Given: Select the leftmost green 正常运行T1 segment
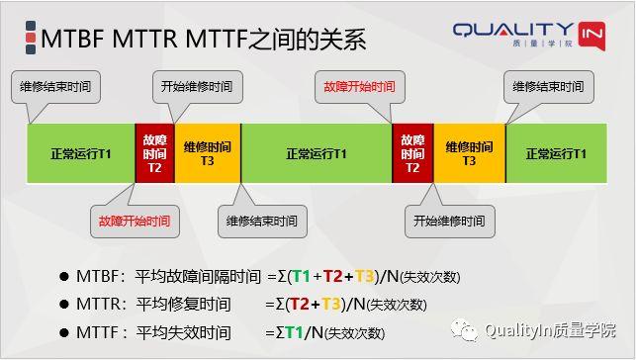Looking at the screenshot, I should click(81, 153).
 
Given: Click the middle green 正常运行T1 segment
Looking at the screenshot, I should click(317, 153).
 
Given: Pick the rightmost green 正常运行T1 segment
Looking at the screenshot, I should click(556, 153).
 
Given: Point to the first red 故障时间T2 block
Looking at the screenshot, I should click(154, 153).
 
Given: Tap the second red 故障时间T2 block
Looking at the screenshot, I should click(412, 153).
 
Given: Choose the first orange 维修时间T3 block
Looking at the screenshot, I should click(208, 153).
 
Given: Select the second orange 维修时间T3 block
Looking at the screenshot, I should click(469, 153).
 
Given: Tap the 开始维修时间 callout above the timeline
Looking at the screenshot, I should click(197, 87).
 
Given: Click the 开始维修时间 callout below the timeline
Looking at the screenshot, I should click(450, 220).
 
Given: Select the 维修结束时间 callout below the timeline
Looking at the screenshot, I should click(261, 220).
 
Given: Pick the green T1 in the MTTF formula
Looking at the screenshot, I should click(294, 332).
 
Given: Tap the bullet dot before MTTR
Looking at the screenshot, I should click(63, 305).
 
